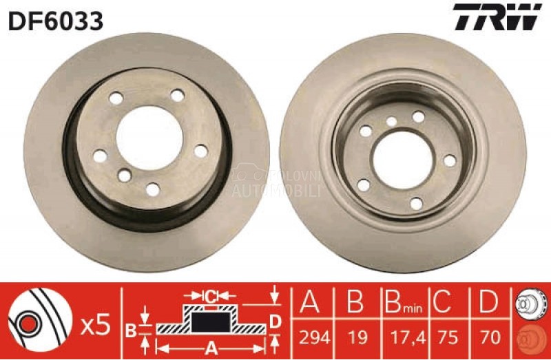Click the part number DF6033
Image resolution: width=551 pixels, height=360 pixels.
click(x=56, y=21)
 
